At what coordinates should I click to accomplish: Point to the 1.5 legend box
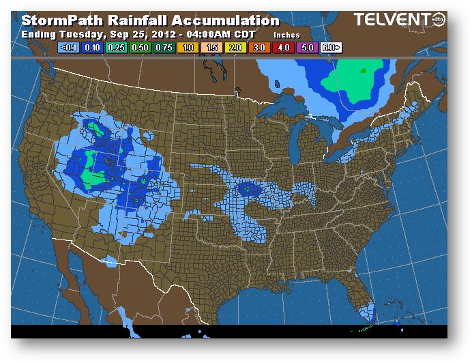(213, 48)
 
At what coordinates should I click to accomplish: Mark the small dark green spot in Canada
(363, 70)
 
